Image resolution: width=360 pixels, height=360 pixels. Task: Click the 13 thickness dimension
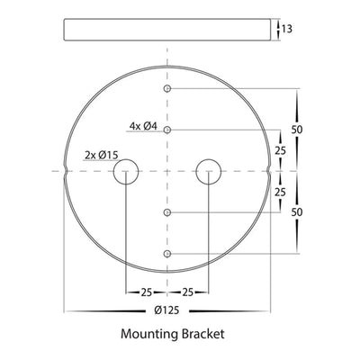[287, 29]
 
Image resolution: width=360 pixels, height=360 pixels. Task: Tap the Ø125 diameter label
[166, 310]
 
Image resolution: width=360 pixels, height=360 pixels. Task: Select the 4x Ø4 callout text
[143, 126]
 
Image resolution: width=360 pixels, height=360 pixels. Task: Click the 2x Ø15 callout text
[102, 155]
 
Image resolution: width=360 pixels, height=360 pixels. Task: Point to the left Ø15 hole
[126, 172]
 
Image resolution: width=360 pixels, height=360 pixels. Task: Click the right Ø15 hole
[209, 172]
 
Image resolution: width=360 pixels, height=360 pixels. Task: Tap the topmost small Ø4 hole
[167, 88]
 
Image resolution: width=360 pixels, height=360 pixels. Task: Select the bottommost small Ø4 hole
[167, 254]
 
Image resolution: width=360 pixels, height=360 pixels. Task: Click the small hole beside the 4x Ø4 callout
[167, 130]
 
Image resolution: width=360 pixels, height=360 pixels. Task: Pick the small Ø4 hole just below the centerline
[167, 212]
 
